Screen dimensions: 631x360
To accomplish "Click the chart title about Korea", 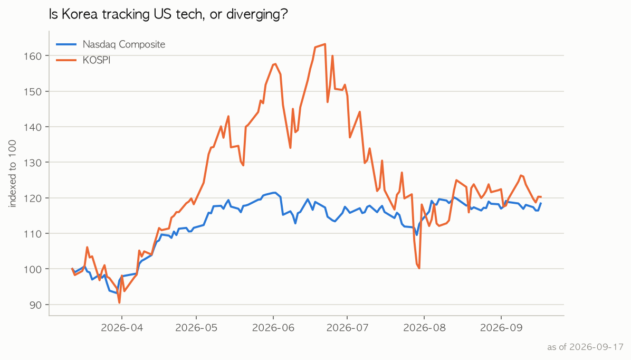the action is (168, 14).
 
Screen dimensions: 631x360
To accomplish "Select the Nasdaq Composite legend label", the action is (124, 44).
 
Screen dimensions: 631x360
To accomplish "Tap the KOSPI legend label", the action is (97, 60).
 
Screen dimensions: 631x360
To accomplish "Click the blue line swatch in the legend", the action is (66, 44).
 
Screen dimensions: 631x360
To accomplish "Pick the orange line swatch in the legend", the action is (66, 60).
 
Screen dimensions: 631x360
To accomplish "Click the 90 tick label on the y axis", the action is (36, 305).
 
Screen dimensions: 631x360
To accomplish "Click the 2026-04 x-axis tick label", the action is (122, 327).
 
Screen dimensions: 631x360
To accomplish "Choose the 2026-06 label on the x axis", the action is (273, 327).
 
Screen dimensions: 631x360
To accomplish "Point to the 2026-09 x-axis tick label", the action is (501, 327).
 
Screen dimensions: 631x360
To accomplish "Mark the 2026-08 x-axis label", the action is (425, 327).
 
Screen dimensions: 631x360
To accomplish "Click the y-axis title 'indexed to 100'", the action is (13, 174).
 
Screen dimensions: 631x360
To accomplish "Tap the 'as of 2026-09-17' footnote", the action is (585, 347).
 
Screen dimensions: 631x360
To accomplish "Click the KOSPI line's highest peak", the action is (325, 44).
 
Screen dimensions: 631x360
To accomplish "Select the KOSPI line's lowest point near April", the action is (119, 302).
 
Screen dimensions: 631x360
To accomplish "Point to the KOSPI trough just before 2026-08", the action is (419, 268).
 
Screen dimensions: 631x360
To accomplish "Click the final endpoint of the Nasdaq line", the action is (541, 203).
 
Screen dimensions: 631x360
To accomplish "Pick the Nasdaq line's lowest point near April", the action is (118, 293).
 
